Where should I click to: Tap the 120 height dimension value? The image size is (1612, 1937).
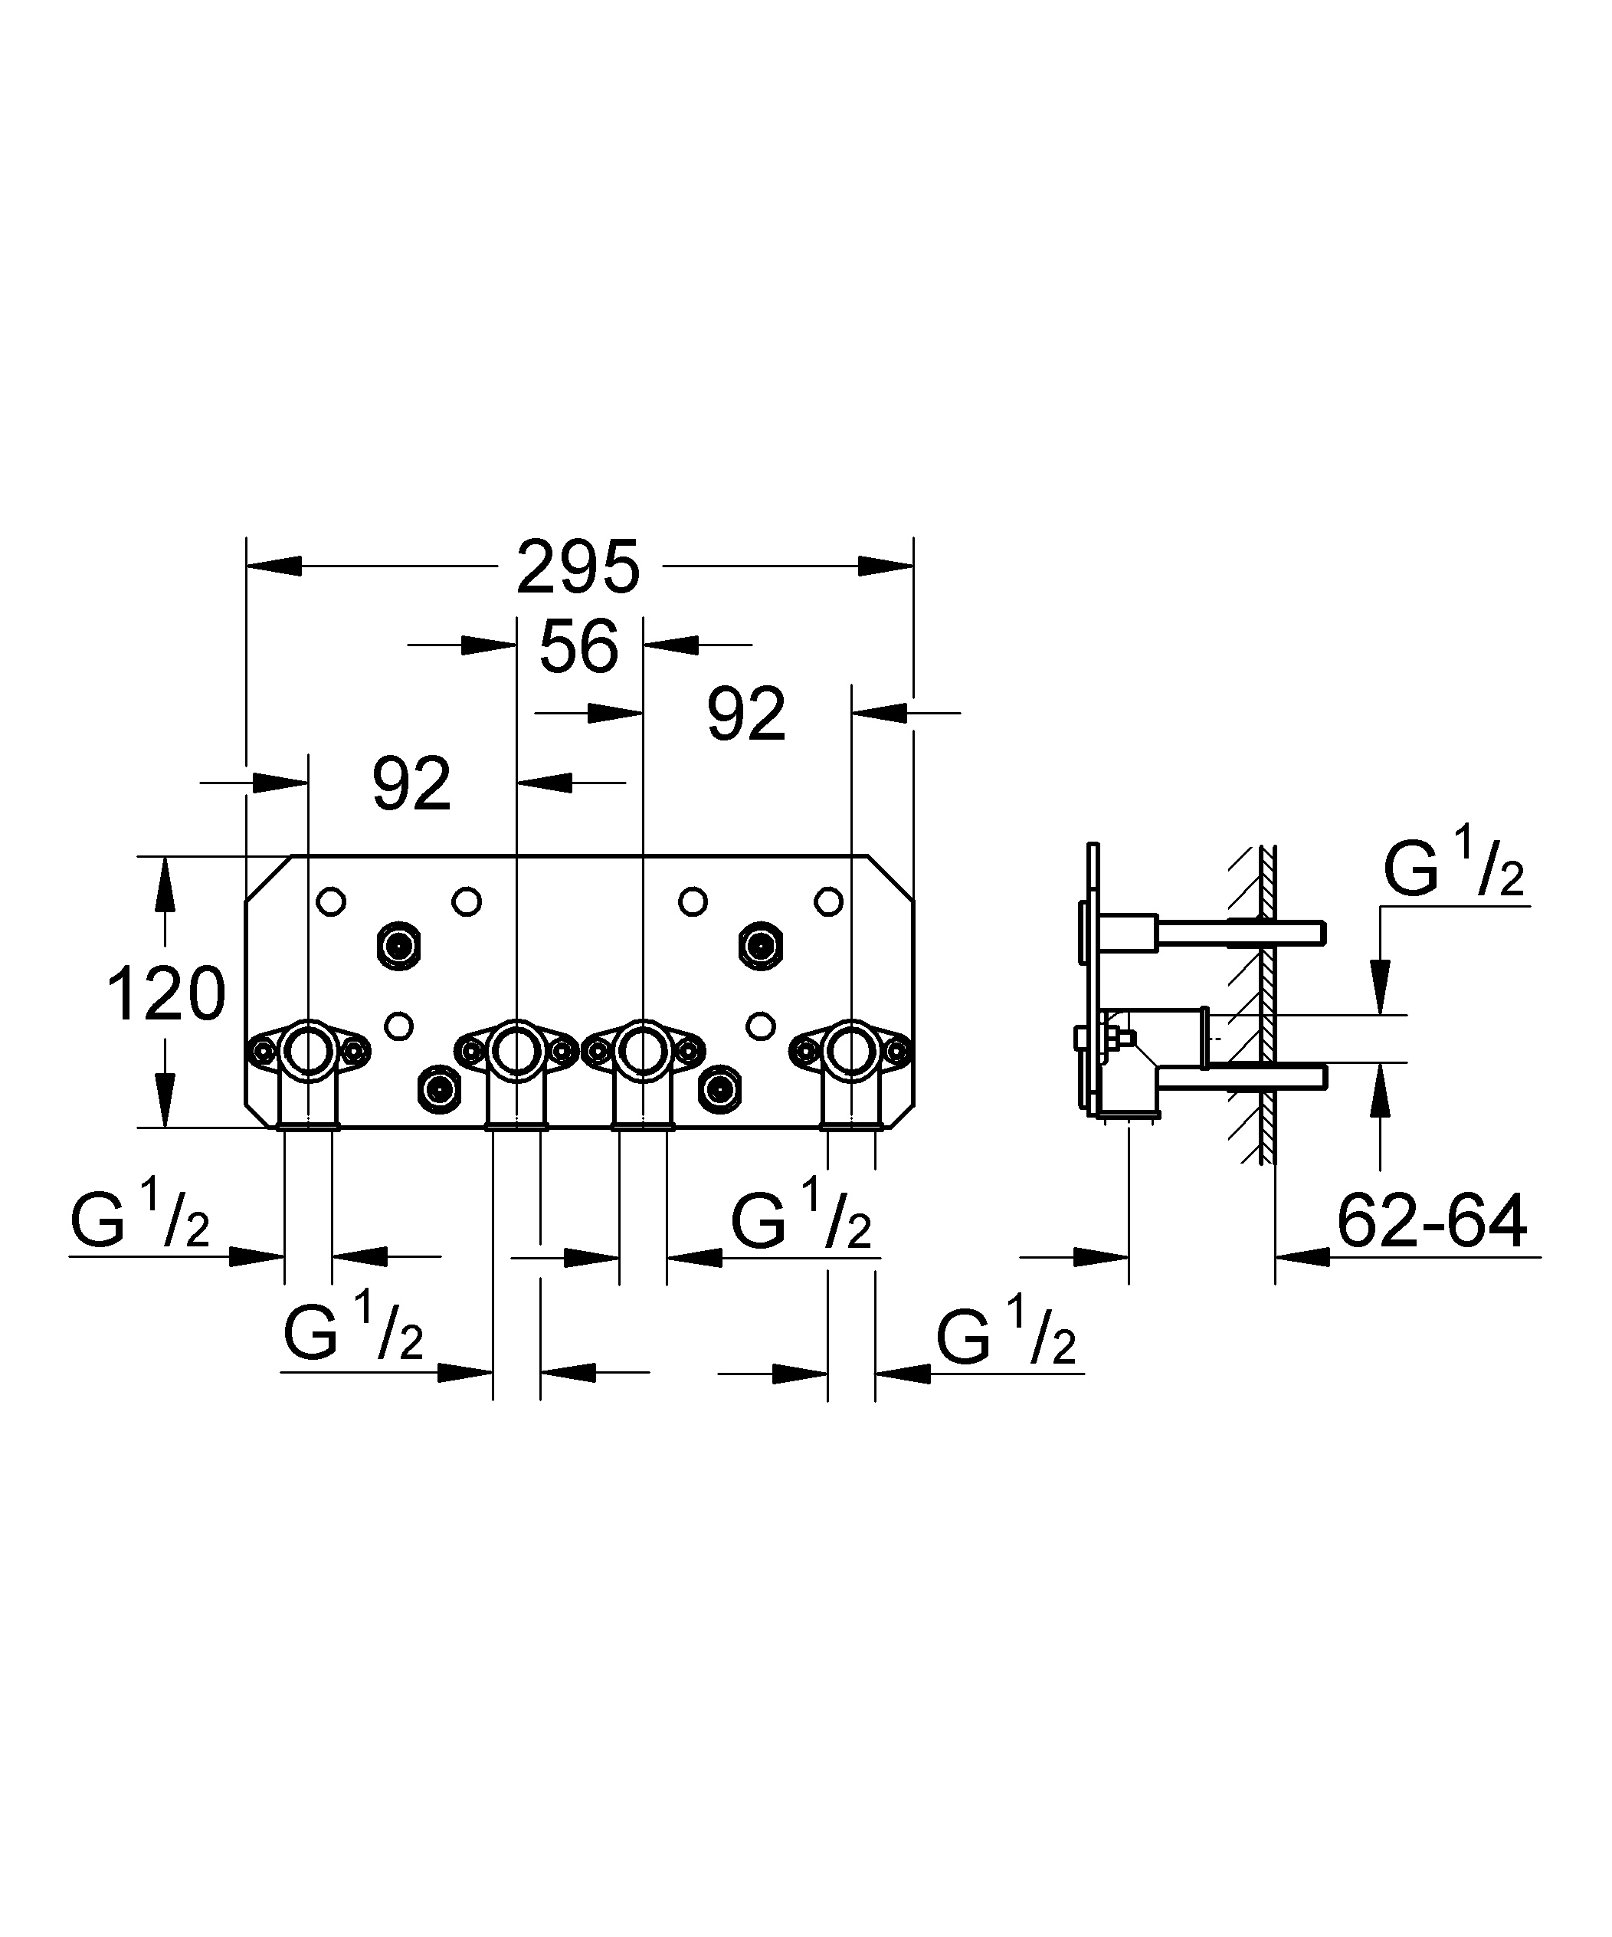(x=166, y=993)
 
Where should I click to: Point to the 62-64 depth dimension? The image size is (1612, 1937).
(x=1431, y=1222)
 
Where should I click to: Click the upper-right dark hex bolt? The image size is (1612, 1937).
(x=761, y=945)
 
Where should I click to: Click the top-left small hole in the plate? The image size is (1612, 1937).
(x=331, y=901)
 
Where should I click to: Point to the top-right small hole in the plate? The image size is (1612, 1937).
(x=828, y=901)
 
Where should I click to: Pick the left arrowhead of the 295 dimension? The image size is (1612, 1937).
(x=274, y=566)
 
